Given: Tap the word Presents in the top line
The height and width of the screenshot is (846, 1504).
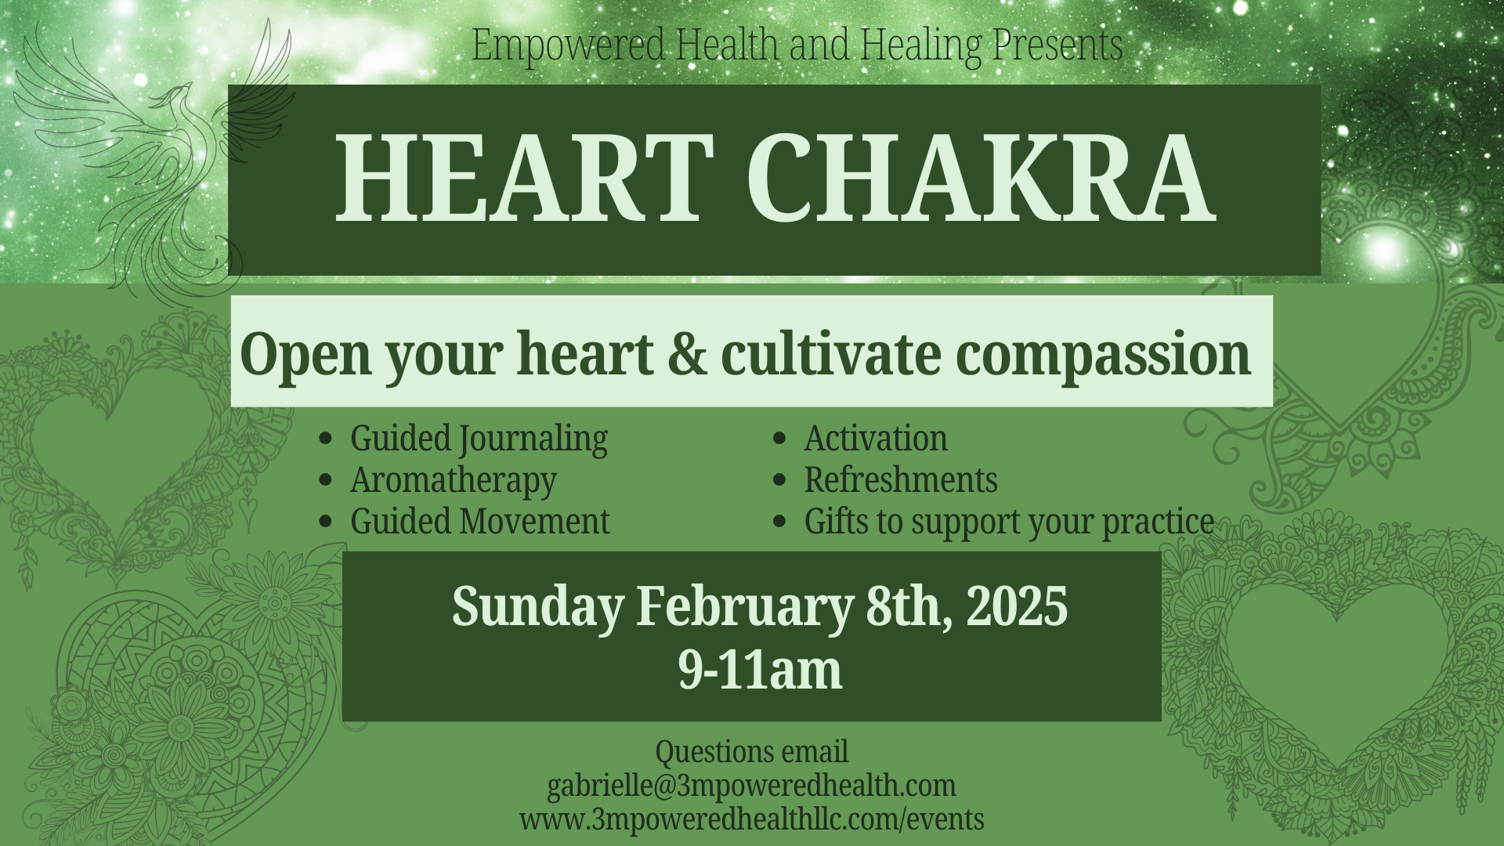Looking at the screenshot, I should (1057, 45).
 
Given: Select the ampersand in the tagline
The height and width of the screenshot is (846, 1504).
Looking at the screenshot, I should (687, 354).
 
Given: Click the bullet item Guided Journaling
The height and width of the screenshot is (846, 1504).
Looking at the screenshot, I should (479, 439).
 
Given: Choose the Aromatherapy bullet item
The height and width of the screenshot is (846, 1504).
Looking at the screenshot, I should (454, 480).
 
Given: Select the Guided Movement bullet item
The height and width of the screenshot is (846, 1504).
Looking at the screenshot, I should (479, 522).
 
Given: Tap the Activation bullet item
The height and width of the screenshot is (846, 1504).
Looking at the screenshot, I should (876, 439).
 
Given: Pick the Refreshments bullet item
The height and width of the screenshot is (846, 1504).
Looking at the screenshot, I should (901, 480).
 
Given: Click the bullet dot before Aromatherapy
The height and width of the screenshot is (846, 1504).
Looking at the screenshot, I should (326, 480).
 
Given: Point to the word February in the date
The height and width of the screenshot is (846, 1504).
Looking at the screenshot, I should (744, 606).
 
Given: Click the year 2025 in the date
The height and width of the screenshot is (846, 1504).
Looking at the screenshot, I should (1017, 606).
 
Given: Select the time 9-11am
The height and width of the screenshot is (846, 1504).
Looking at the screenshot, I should (760, 671).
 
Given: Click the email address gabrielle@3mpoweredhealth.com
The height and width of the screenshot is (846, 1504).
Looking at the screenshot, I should (751, 785).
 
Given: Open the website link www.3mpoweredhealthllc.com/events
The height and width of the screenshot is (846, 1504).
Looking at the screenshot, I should (751, 819).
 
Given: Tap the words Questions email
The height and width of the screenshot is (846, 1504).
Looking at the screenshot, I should (751, 751).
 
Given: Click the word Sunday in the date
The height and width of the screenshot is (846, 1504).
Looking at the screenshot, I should (538, 606).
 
